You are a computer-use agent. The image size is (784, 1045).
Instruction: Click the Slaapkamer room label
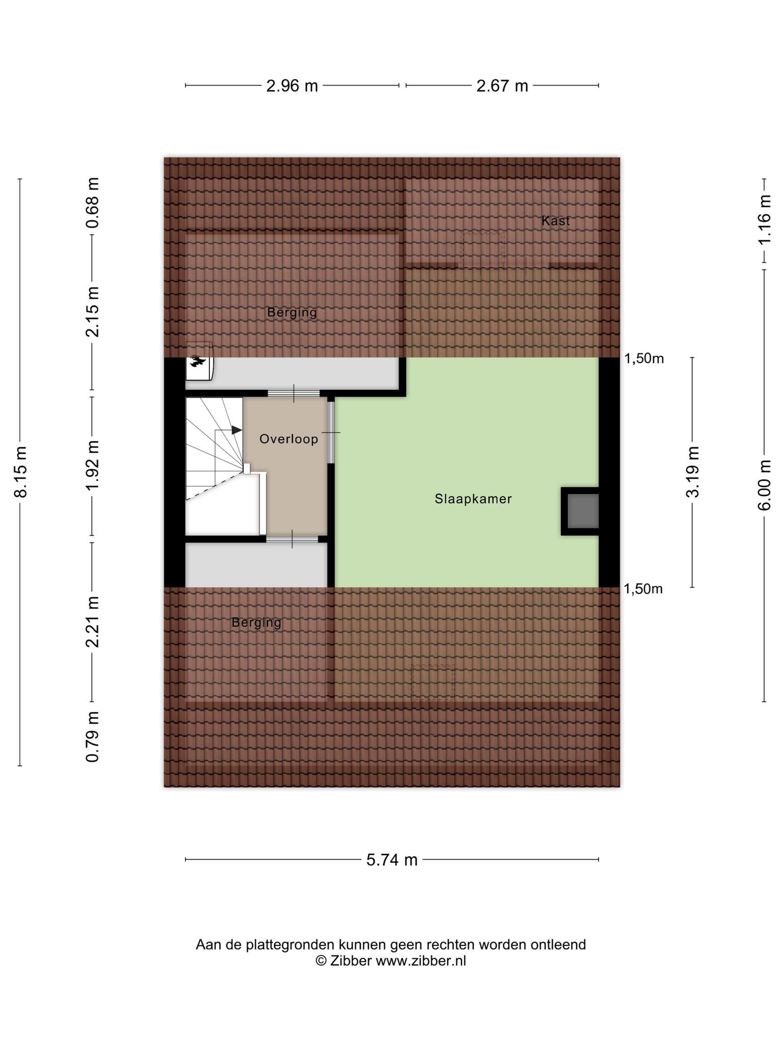(x=473, y=499)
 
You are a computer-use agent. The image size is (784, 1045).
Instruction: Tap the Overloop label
(x=289, y=439)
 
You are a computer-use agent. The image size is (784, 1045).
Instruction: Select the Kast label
(x=555, y=221)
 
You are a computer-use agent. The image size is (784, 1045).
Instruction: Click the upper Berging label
(x=292, y=312)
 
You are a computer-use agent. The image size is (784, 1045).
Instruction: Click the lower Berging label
(x=256, y=623)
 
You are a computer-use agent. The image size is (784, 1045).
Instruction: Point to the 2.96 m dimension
(x=292, y=86)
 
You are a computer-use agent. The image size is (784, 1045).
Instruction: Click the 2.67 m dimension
(x=502, y=86)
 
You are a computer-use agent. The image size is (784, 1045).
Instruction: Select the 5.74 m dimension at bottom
(x=392, y=860)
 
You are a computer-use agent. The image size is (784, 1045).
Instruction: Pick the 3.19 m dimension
(x=693, y=471)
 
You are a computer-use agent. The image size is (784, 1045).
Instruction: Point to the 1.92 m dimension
(x=92, y=465)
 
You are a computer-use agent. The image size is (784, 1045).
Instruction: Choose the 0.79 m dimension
(x=92, y=736)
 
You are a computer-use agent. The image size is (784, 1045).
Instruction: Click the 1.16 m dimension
(x=765, y=220)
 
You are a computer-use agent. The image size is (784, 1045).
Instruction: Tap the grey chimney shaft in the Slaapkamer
(x=583, y=511)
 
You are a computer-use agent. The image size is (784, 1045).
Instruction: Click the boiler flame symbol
(x=197, y=362)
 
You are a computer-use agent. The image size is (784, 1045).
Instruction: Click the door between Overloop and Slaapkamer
(x=331, y=432)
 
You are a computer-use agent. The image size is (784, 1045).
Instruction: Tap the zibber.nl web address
(x=421, y=961)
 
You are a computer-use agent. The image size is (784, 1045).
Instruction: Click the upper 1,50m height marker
(x=644, y=359)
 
